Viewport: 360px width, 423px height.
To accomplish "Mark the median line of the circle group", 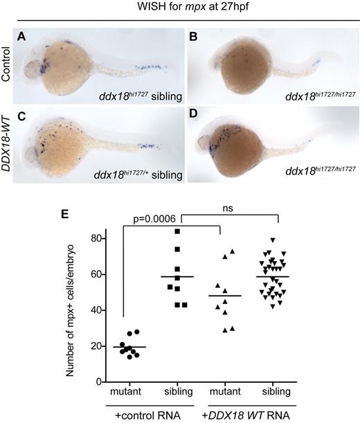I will tap(129, 347).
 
